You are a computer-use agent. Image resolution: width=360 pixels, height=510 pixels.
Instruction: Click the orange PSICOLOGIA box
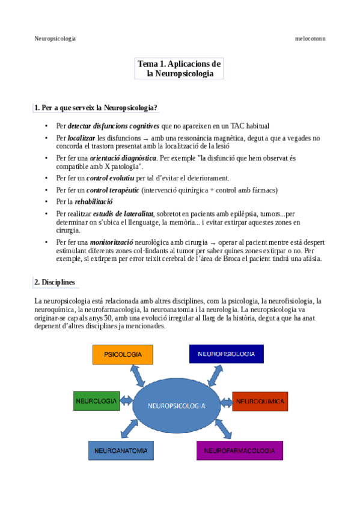[123, 355]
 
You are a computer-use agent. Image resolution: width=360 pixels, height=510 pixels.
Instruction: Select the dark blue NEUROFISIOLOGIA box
[226, 354]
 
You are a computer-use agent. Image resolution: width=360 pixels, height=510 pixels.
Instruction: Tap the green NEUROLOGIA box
[96, 400]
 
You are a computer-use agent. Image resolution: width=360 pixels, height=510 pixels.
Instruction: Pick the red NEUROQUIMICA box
[260, 400]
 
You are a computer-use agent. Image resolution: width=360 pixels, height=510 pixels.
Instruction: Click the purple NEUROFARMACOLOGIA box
[239, 450]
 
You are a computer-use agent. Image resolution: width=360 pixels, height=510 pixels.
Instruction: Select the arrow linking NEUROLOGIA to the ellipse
[126, 400]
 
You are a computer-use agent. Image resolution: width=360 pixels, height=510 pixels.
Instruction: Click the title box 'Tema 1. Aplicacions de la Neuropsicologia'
[180, 69]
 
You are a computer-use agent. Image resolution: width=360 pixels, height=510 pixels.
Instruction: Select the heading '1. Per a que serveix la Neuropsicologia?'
[96, 108]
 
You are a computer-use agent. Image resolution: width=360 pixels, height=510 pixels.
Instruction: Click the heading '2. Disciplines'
[55, 282]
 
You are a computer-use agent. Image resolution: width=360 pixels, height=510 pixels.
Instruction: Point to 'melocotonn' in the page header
[311, 38]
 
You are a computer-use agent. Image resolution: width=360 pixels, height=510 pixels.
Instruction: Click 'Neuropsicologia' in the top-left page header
[55, 38]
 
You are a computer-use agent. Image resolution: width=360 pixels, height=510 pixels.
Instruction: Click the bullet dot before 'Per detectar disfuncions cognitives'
[46, 126]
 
